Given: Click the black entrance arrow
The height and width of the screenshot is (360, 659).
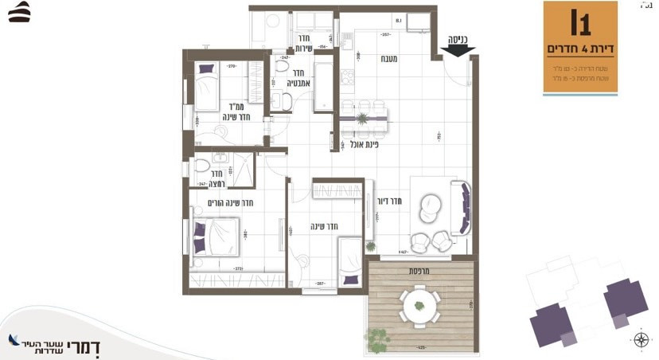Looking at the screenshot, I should pos(456,50).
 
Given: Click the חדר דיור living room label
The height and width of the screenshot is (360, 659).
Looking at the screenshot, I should pos(388,200).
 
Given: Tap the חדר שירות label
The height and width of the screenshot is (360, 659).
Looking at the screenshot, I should pos(306,43).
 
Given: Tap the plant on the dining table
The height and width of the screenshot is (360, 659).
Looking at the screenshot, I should pos(363,119).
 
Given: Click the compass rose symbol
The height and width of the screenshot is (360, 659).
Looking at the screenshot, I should pos(641,342).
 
